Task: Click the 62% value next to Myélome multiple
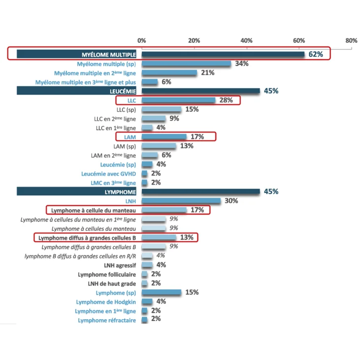tap(315, 54)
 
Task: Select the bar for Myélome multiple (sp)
tap(186, 64)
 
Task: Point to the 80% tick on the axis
tap(351, 40)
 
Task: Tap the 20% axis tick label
tap(194, 40)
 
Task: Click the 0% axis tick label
tap(142, 40)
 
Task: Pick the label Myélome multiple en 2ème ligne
tap(102, 73)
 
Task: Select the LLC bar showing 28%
tap(178, 100)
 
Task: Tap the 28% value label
tap(225, 100)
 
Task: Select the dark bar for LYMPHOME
tap(200, 192)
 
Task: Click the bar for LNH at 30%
tap(181, 201)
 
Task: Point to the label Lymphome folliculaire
tap(107, 274)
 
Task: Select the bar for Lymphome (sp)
tap(161, 293)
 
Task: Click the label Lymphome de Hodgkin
tap(106, 301)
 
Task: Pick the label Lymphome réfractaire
tap(107, 320)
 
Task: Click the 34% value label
tap(241, 64)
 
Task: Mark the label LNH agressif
tap(121, 265)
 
